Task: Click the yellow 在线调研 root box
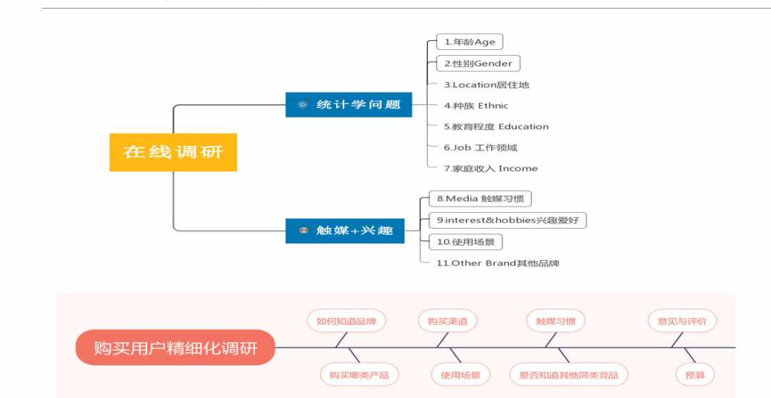pos(173,152)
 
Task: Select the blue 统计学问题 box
pos(348,105)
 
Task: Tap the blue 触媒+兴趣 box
pos(345,231)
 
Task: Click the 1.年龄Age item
pos(470,42)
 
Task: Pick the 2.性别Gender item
pos(478,64)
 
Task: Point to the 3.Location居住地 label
pos(486,84)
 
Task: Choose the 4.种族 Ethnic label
pos(476,106)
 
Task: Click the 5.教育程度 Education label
pos(496,126)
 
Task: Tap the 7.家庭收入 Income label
pos(490,168)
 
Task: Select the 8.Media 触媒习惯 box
pos(480,199)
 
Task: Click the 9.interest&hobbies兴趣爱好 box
pos(508,220)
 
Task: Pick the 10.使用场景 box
pos(465,242)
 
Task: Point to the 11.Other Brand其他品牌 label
pos(498,263)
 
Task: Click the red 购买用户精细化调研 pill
pos(176,348)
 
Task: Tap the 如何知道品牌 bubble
pos(346,322)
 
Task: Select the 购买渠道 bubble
pos(448,322)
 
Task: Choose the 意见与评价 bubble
pos(682,322)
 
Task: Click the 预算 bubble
pos(695,375)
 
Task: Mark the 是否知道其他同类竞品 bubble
pos(568,375)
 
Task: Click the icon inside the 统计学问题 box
pos(303,104)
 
